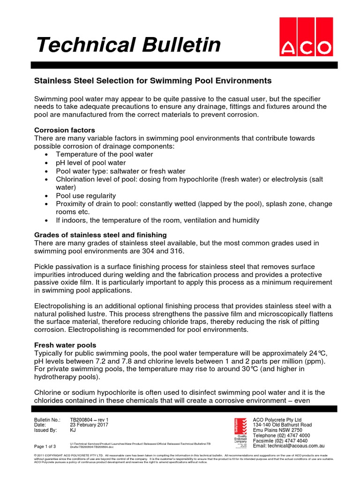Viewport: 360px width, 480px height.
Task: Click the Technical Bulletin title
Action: [x=128, y=45]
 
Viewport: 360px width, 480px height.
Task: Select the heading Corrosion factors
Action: [x=65, y=130]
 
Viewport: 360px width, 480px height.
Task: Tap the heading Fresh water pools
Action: [x=65, y=345]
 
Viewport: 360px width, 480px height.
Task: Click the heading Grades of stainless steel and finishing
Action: [x=100, y=234]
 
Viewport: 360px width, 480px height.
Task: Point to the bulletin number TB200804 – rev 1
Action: [x=90, y=420]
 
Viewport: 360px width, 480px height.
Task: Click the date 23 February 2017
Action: [x=89, y=425]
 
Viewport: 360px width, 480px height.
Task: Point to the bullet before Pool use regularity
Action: [x=46, y=196]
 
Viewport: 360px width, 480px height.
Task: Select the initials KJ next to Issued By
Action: [x=73, y=430]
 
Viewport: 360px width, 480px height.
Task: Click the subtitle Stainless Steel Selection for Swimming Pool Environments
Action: [x=153, y=81]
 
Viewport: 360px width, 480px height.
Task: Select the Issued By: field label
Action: [x=46, y=430]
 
